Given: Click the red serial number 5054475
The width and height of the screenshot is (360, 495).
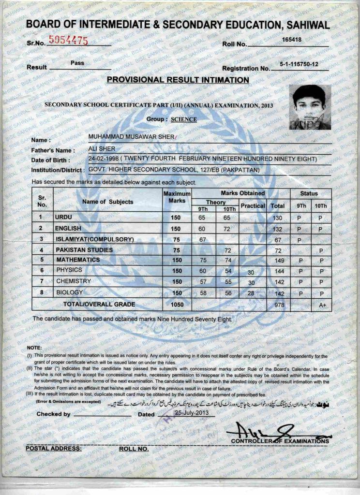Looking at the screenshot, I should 69,41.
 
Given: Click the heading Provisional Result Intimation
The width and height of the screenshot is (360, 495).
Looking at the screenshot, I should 178,80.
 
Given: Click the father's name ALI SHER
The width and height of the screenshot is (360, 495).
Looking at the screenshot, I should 102,148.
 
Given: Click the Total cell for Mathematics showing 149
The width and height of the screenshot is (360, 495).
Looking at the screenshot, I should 278,261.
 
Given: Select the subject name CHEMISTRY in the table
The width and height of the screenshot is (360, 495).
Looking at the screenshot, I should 74,281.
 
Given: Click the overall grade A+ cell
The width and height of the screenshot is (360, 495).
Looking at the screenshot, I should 321,305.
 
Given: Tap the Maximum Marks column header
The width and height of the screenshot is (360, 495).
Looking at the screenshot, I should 178,197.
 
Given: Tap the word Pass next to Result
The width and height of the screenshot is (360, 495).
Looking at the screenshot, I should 77,63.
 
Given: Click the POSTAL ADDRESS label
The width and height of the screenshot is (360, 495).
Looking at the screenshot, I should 53,449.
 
